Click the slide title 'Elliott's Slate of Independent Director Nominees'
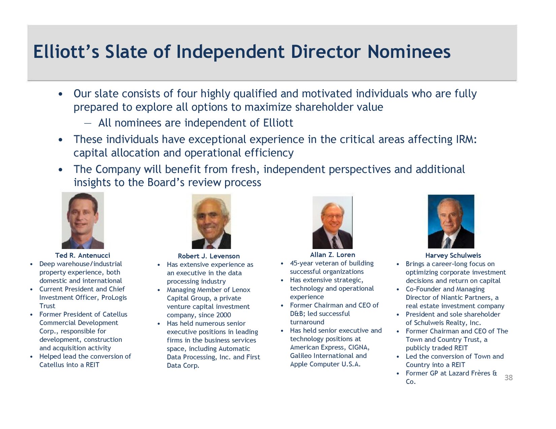coord(242,52)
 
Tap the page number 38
coord(508,378)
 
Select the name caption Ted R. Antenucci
coord(83,255)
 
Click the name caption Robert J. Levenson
coord(209,256)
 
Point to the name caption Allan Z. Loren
coord(333,255)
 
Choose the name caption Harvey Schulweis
coord(453,255)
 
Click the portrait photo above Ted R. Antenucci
coord(83,220)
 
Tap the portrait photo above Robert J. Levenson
coord(211,221)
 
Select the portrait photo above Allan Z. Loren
coord(332,222)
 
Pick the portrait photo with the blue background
coord(451,221)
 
